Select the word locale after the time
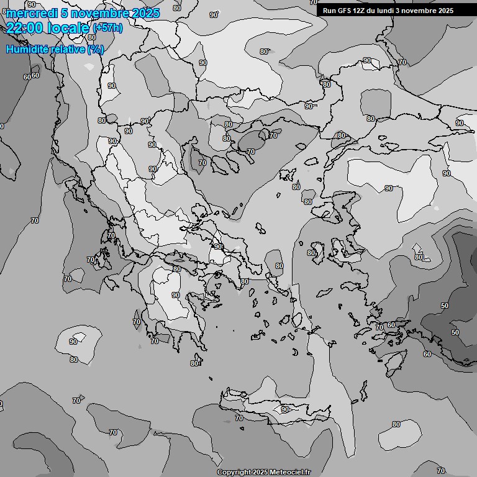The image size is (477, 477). (x=70, y=27)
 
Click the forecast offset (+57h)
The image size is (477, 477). (x=107, y=28)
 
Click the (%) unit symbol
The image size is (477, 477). (x=96, y=49)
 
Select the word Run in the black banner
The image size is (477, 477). (x=329, y=11)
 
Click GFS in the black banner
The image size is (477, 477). (x=345, y=11)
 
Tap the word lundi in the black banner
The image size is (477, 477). (x=391, y=11)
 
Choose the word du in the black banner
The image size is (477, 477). (x=374, y=11)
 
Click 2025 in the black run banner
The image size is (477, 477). (x=443, y=11)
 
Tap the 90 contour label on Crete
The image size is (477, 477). (x=285, y=409)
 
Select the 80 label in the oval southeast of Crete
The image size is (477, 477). (x=396, y=424)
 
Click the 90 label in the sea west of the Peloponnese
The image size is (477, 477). (x=73, y=342)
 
